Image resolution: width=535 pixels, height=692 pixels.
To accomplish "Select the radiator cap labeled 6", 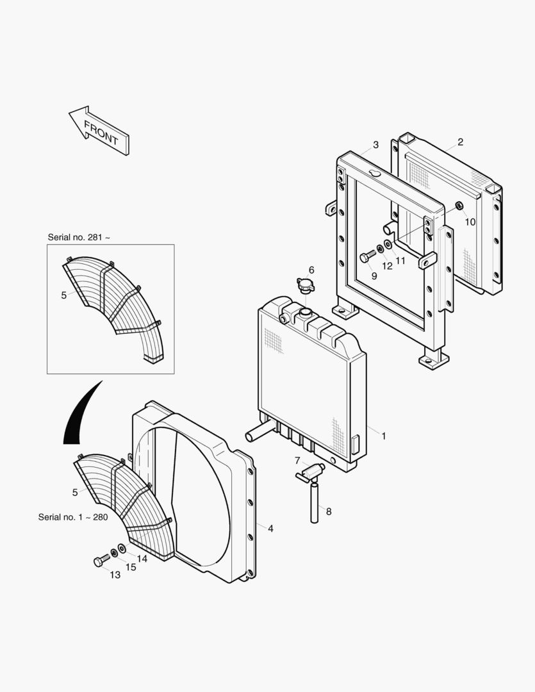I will tap(306, 284).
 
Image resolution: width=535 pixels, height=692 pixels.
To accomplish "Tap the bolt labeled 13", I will tap(100, 561).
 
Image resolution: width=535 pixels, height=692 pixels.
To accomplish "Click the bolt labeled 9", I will tap(367, 256).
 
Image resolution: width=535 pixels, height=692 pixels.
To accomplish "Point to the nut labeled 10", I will tap(459, 206).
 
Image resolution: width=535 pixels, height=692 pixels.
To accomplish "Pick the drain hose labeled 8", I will tap(315, 503).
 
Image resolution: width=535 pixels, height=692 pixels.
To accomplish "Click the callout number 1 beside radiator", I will tap(383, 436).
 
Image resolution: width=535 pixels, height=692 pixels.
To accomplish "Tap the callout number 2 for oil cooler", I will tap(460, 142).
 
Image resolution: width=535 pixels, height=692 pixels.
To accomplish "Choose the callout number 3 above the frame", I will tap(375, 145).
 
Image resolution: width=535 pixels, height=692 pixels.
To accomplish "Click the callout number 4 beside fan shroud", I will tap(270, 529).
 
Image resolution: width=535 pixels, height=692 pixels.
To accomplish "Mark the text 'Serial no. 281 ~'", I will tap(79, 237).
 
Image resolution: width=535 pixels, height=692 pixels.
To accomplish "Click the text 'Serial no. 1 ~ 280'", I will tap(73, 517).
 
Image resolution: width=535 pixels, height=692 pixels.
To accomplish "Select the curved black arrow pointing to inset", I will tap(79, 416).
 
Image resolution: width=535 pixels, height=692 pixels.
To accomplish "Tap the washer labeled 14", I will tap(122, 549).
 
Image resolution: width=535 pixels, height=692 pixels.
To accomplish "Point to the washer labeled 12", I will tap(380, 249).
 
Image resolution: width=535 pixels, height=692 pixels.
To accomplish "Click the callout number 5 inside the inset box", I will tap(63, 295).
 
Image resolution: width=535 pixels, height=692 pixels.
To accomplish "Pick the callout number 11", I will tap(400, 261).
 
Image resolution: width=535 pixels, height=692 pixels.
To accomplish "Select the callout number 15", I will tap(131, 567).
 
